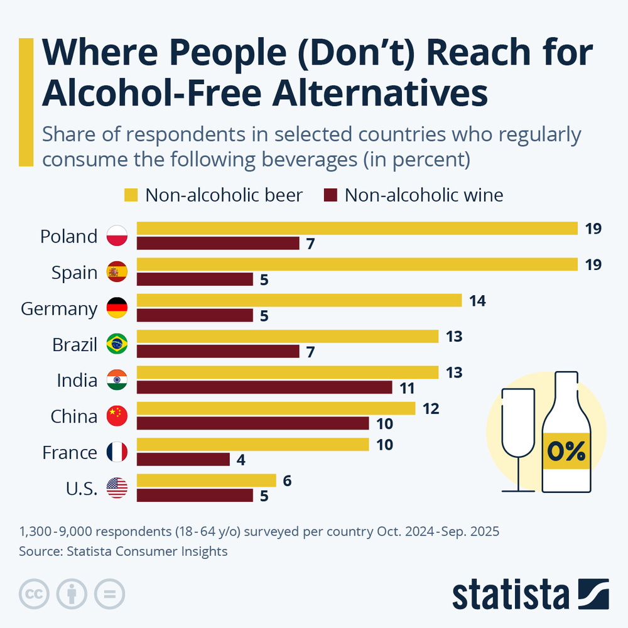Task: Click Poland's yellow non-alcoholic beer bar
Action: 357,228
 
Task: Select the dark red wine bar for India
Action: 264,387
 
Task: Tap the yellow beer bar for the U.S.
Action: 206,480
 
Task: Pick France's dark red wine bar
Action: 183,460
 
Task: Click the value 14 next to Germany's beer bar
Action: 477,301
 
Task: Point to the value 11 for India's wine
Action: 407,387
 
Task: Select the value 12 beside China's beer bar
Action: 431,409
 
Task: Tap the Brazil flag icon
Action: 117,344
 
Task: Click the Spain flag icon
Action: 117,272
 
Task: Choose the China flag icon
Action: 117,416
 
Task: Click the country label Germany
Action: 59,309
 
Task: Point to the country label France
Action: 69,452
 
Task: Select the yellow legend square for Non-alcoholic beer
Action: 131,195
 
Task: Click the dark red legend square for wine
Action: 330,195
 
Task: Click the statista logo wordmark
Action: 511,594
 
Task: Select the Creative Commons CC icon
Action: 35,593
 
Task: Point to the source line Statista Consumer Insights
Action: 123,552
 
